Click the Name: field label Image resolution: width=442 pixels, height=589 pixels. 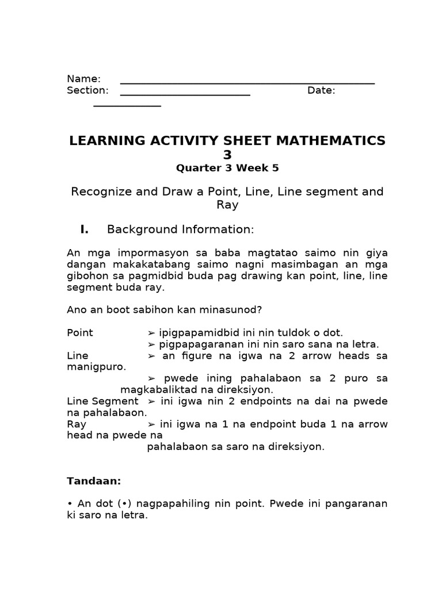click(x=83, y=79)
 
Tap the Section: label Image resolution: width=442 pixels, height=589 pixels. click(x=87, y=90)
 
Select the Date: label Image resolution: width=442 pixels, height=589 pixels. click(x=321, y=90)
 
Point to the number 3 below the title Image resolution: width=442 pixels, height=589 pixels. click(x=227, y=155)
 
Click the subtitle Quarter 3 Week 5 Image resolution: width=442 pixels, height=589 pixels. click(x=227, y=168)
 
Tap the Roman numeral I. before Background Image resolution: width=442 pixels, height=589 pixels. click(x=84, y=230)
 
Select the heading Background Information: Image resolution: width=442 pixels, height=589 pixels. click(x=180, y=230)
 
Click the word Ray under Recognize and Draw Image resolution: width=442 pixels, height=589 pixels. click(x=227, y=205)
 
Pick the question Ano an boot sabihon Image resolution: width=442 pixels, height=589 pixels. click(x=164, y=309)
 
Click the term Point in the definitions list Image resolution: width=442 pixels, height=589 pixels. click(x=80, y=332)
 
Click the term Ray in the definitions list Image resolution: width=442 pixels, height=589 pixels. click(x=77, y=424)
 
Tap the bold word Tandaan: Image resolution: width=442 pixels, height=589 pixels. click(x=94, y=480)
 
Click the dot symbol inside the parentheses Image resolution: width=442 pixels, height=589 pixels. click(x=124, y=504)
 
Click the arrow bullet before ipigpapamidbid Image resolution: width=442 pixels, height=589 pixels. click(x=151, y=332)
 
